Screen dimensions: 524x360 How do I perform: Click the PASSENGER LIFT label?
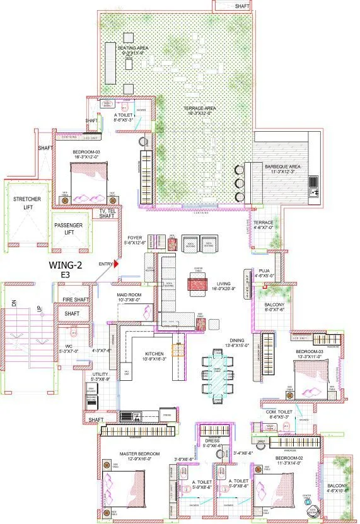(68, 228)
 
